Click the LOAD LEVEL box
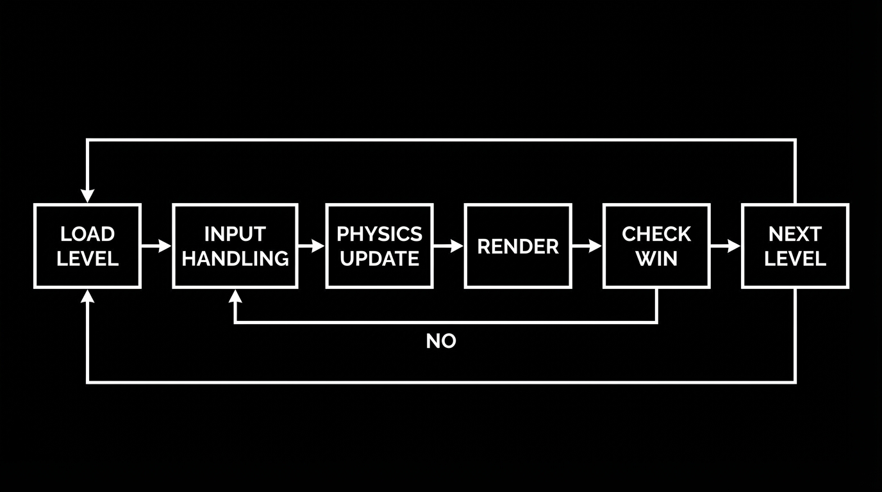tap(87, 246)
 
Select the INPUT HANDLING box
tap(235, 246)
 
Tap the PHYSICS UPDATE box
tap(379, 246)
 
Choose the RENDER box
tap(518, 246)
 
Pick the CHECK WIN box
tap(656, 246)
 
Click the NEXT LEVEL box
tap(795, 246)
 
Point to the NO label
tap(441, 341)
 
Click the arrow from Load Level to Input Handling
tap(156, 246)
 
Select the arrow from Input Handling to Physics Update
tap(312, 246)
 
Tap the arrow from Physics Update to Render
tap(449, 246)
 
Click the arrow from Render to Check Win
tap(587, 246)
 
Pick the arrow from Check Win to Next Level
tap(726, 246)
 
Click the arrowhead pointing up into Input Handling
tap(235, 296)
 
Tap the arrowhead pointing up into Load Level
tap(87, 296)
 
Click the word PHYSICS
tap(379, 234)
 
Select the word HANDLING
tap(235, 258)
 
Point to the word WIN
tap(656, 258)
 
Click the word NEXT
tap(795, 234)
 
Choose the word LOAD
tap(87, 234)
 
